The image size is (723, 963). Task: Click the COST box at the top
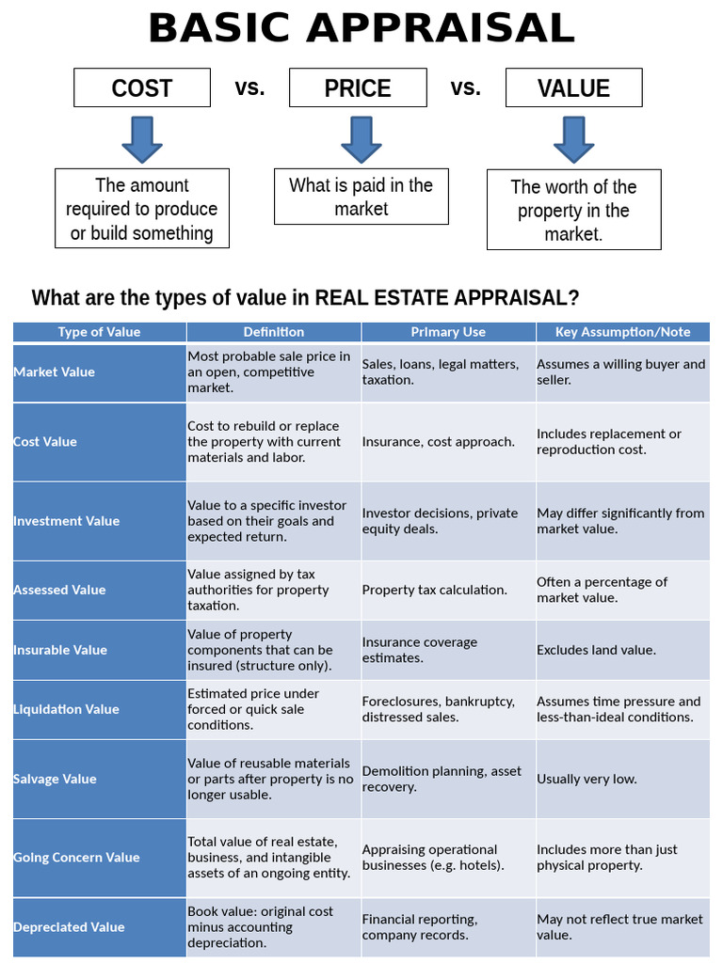pyautogui.click(x=142, y=88)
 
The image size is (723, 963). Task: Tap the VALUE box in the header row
pyautogui.click(x=573, y=88)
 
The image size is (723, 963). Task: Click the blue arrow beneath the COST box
pyautogui.click(x=142, y=139)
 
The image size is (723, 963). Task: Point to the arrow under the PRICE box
pyautogui.click(x=361, y=139)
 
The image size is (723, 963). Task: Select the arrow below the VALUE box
pyautogui.click(x=573, y=139)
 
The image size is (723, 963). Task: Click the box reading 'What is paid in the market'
pyautogui.click(x=361, y=197)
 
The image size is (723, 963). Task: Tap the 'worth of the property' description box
pyautogui.click(x=573, y=210)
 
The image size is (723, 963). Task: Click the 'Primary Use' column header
pyautogui.click(x=448, y=332)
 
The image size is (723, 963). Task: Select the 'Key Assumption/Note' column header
pyautogui.click(x=622, y=332)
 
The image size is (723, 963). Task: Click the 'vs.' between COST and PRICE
pyautogui.click(x=249, y=88)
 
